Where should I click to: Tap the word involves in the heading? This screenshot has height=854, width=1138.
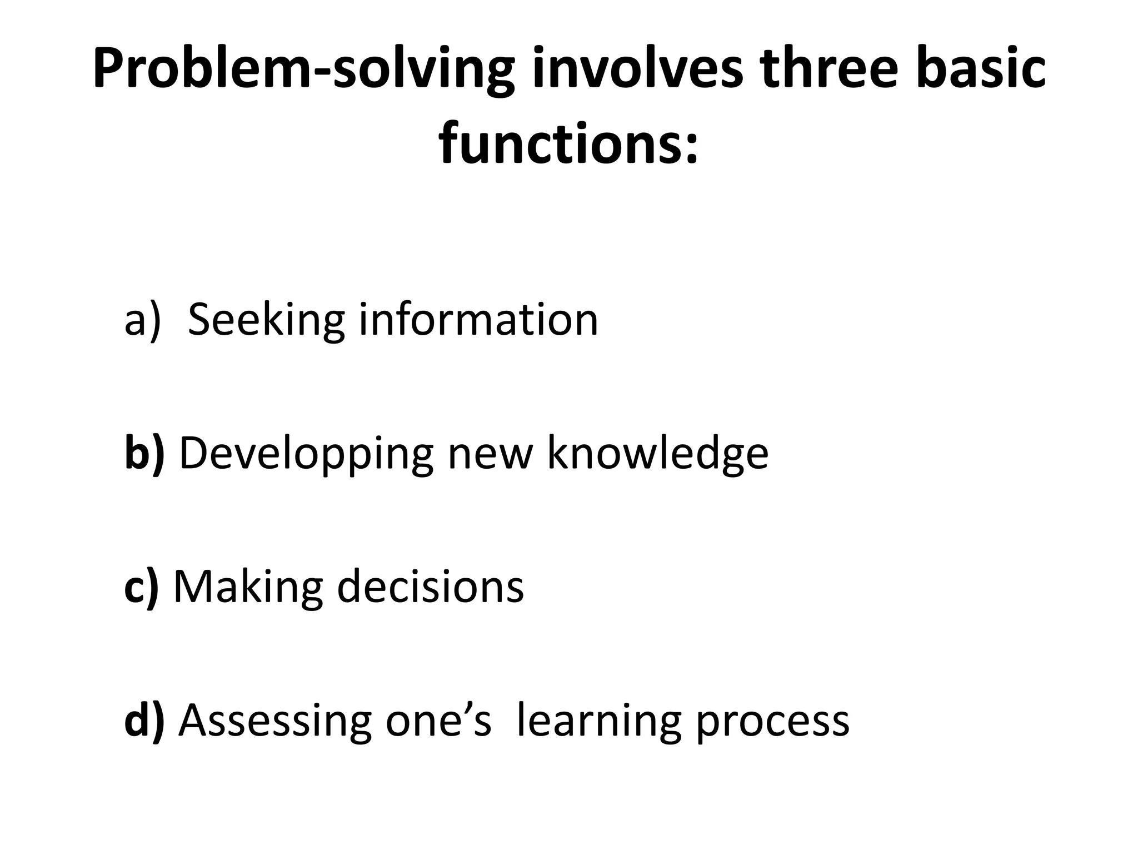tap(637, 69)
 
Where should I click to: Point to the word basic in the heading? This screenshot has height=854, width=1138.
tap(981, 69)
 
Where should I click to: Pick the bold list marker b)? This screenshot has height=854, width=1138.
tap(144, 453)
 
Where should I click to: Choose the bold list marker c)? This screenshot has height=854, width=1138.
tap(141, 587)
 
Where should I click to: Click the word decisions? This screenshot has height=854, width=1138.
tap(431, 586)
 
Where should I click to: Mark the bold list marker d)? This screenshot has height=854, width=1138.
tap(144, 720)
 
